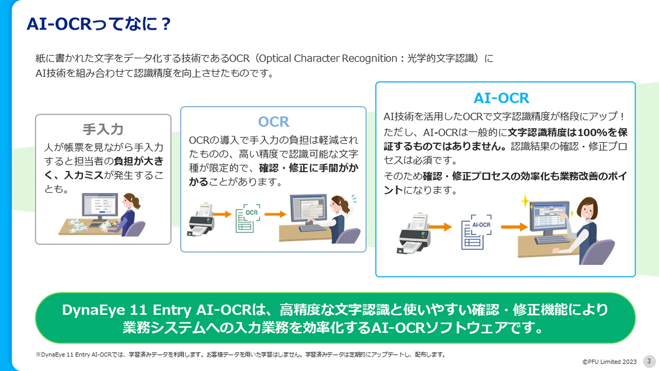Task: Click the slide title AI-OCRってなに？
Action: click(x=99, y=24)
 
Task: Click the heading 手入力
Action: click(x=103, y=130)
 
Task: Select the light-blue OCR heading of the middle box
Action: click(x=274, y=122)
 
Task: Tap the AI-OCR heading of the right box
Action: click(x=501, y=98)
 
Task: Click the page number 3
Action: click(x=649, y=361)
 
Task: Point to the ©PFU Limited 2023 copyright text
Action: click(x=609, y=362)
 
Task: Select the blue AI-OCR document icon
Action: click(x=476, y=232)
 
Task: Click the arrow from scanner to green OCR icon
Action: click(x=222, y=214)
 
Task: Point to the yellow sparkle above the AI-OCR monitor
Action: click(x=525, y=201)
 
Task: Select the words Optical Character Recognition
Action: click(x=328, y=58)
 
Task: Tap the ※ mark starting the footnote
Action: click(x=38, y=355)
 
